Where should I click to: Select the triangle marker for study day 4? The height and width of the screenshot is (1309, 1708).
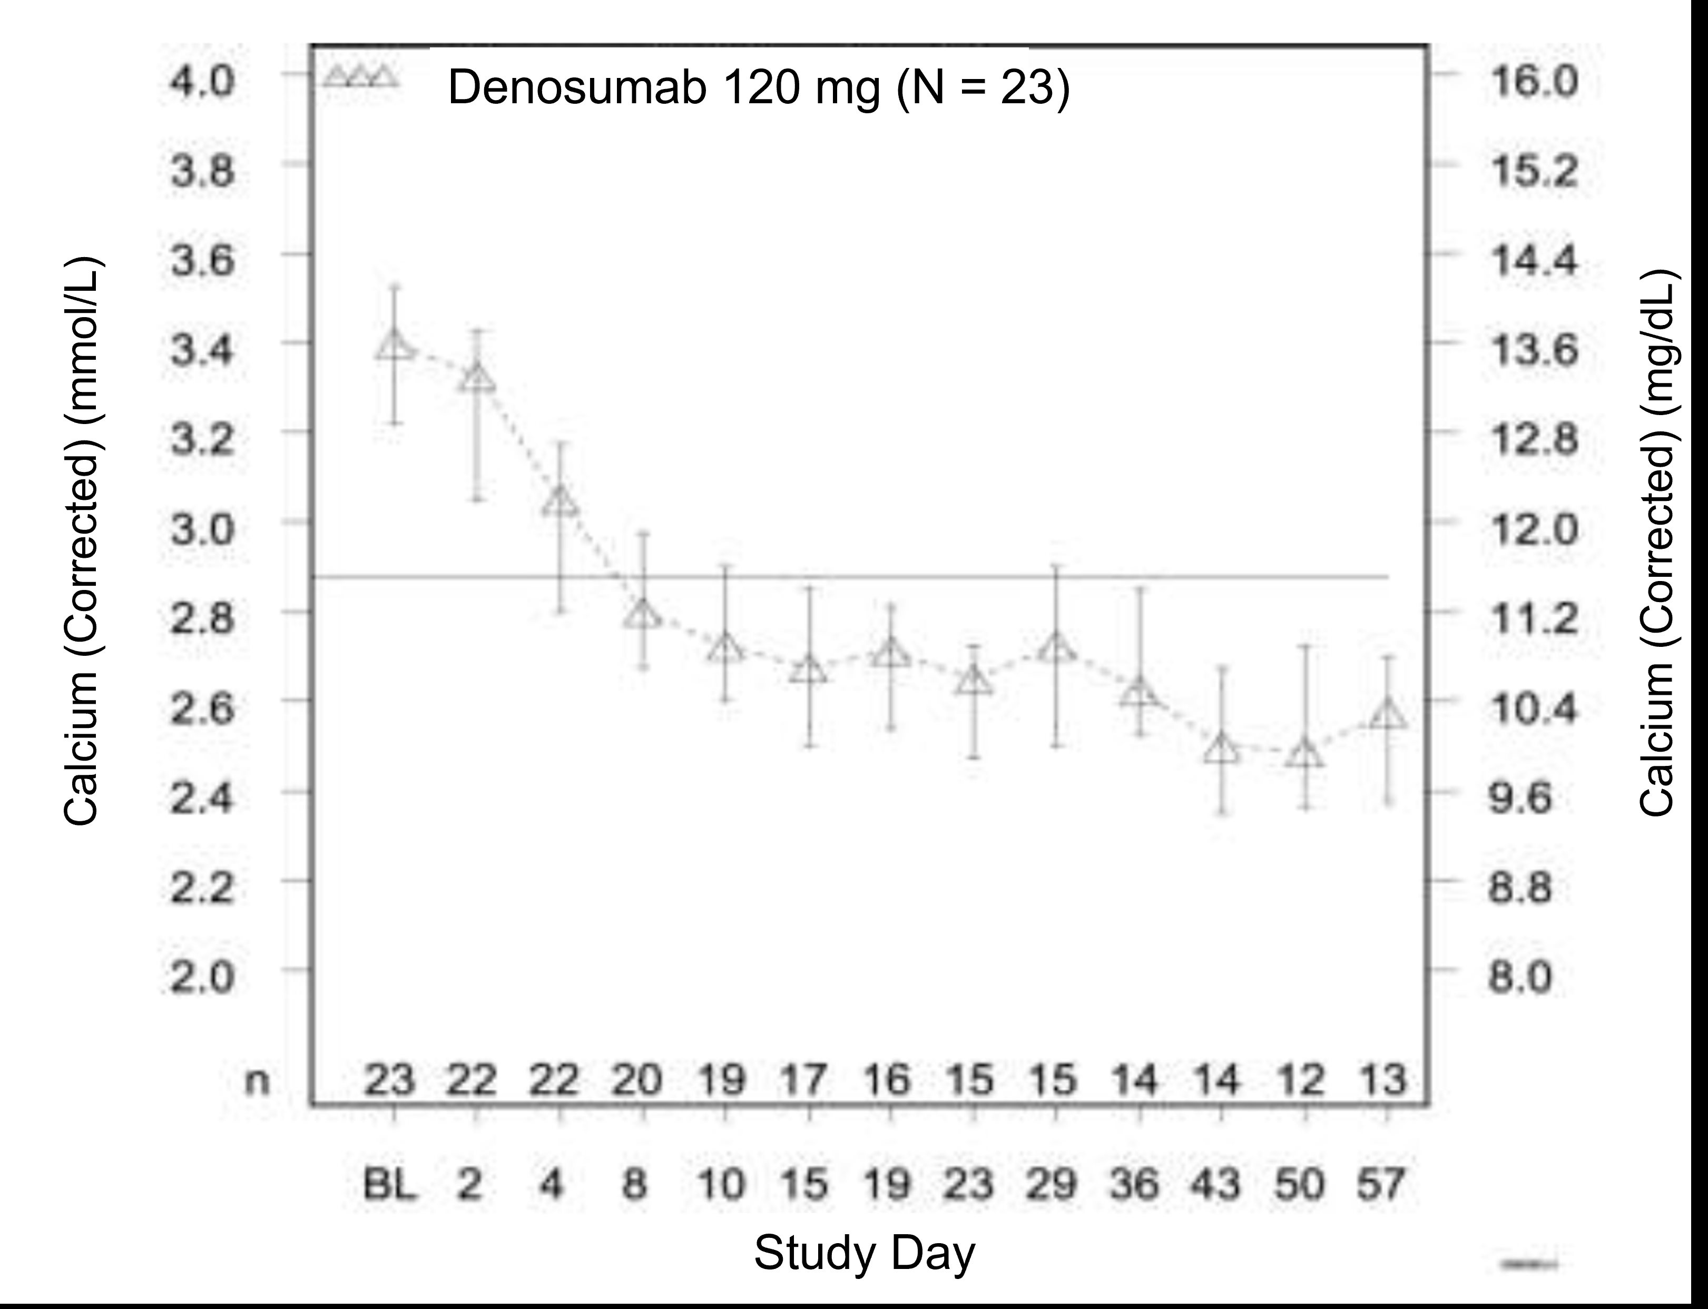tap(559, 501)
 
